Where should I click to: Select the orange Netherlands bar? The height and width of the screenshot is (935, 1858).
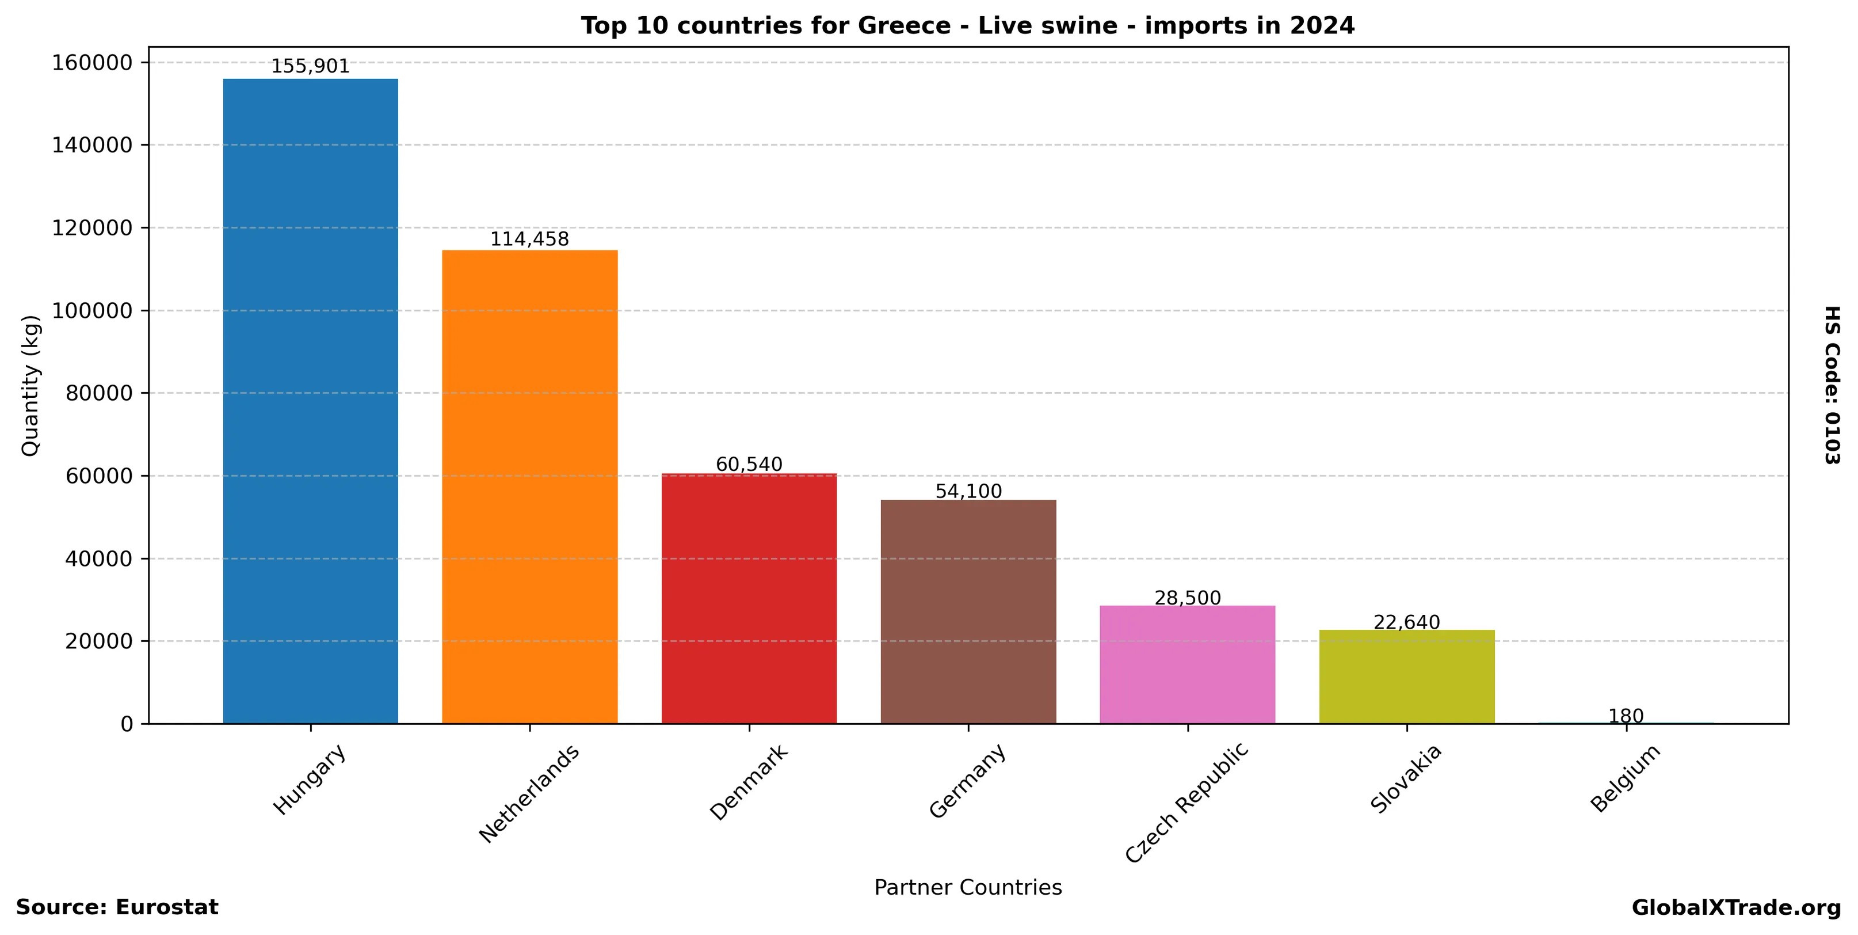[x=529, y=486]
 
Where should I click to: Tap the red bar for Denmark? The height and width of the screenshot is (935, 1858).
[x=749, y=598]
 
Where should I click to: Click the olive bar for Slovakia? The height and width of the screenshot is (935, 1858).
[x=1406, y=676]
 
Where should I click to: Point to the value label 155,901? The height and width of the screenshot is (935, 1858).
[x=310, y=66]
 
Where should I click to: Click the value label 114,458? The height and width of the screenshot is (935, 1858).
[x=529, y=239]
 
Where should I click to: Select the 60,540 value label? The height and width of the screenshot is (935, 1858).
[x=749, y=465]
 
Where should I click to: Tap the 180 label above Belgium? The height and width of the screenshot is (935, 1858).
[x=1626, y=716]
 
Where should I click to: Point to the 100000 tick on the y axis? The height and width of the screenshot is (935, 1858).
[x=92, y=311]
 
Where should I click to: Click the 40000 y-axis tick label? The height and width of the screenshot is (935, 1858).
[x=99, y=559]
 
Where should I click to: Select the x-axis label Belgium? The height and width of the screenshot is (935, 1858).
[x=1625, y=778]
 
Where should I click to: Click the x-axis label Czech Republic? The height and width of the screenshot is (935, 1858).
[x=1186, y=802]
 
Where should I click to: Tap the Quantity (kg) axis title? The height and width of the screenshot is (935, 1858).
[x=30, y=385]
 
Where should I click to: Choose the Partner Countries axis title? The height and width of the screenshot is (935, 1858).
[x=968, y=887]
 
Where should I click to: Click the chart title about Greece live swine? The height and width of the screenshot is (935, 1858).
[x=968, y=26]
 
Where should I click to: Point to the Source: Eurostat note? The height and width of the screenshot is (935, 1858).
[x=117, y=907]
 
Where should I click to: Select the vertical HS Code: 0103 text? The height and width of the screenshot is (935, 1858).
[x=1832, y=385]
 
